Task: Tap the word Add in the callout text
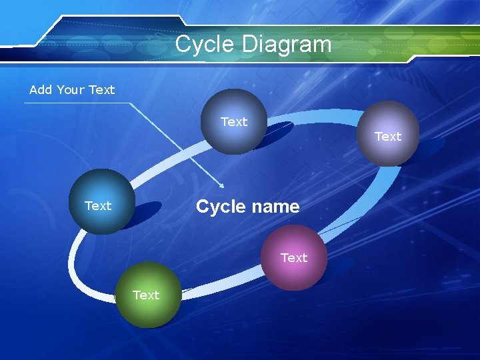tap(40, 89)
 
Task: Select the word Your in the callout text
tap(71, 89)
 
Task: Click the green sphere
tap(148, 295)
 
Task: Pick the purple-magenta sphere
tap(294, 257)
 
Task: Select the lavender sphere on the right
tap(387, 133)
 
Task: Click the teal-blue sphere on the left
tap(102, 201)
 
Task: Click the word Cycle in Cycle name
tap(221, 207)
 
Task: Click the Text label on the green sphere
tap(146, 295)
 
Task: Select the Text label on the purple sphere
tap(294, 257)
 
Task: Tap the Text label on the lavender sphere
tap(388, 137)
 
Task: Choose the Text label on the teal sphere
tap(98, 206)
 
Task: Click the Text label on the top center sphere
tap(234, 122)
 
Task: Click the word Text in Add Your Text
tap(102, 89)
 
